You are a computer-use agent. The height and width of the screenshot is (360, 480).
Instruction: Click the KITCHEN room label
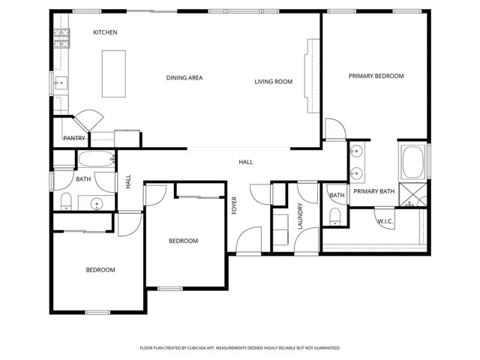[105, 32]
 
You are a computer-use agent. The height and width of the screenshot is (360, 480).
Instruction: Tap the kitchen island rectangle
[114, 73]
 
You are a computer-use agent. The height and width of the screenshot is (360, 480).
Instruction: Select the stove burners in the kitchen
[61, 38]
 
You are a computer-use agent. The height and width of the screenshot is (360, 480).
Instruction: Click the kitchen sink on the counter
[61, 83]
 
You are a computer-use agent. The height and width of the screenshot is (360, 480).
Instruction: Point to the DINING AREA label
[184, 78]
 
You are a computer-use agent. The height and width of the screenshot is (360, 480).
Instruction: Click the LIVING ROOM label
[273, 82]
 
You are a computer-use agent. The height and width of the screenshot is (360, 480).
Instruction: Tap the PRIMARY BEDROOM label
[376, 76]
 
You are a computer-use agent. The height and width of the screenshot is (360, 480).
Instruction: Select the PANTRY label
[73, 138]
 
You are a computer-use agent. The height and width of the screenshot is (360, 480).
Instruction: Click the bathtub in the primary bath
[413, 162]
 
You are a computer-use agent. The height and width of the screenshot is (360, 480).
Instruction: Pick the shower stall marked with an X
[413, 195]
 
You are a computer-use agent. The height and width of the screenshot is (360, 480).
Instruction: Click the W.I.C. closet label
[385, 221]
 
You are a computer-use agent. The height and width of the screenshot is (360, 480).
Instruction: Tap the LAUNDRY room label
[300, 216]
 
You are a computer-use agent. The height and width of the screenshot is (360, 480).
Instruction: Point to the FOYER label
[234, 205]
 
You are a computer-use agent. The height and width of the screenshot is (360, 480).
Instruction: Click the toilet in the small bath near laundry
[335, 217]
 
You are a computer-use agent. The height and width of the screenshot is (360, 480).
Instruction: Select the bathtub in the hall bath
[97, 159]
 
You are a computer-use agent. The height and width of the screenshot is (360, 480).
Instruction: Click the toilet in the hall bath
[66, 202]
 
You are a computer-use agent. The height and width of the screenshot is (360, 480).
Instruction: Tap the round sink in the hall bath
[97, 203]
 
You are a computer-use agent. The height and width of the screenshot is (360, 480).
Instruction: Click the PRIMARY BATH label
[374, 191]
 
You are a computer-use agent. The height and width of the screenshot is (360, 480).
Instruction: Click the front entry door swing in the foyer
[248, 240]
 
